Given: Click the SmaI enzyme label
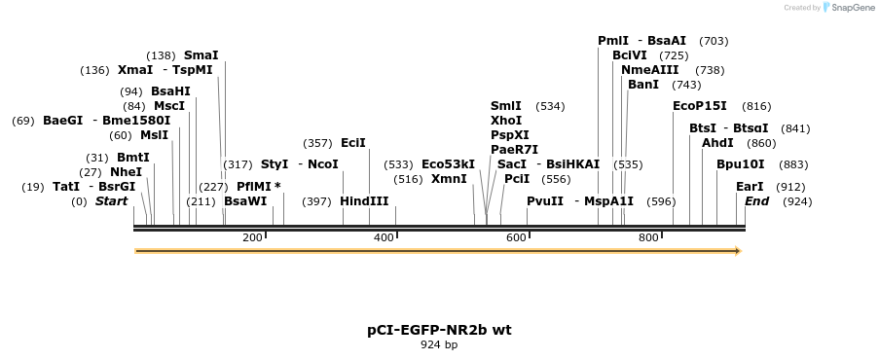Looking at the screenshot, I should [201, 55].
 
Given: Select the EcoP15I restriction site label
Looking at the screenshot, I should [700, 106].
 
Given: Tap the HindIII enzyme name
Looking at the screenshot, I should [364, 201].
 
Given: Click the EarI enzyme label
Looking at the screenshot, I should [750, 186].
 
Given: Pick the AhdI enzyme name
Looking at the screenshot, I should [717, 143].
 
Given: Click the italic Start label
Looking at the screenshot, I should [111, 201].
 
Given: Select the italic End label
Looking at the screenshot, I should [757, 201].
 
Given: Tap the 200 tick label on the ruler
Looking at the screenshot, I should [252, 237].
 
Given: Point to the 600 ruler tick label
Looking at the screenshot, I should [516, 237].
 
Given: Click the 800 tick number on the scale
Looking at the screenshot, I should [648, 237].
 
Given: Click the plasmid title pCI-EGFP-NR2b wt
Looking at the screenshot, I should [439, 330].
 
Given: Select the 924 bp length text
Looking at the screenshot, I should [439, 344].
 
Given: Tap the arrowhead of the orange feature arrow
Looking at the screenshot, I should [738, 251].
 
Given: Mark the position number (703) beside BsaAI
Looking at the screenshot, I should [714, 41].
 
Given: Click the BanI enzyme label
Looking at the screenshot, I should [643, 85].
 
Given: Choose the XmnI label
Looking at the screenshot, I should [449, 179].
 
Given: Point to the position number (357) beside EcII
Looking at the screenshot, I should [318, 143].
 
